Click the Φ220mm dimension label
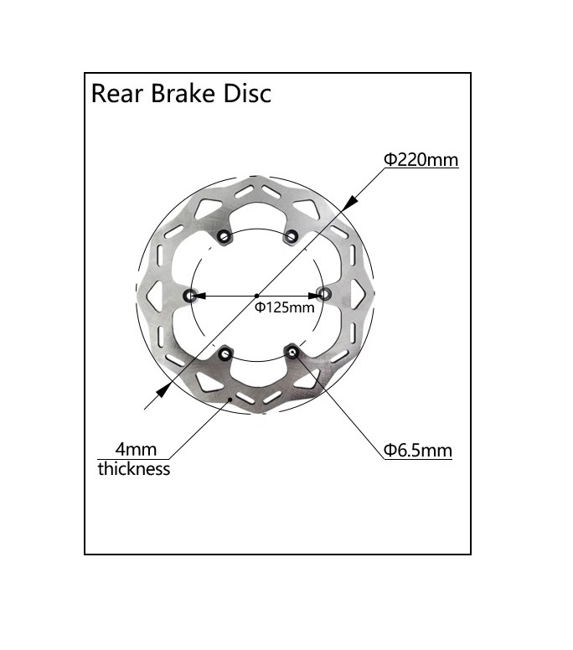pos(421,159)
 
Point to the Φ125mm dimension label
pos(285,307)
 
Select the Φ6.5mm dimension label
pos(418,451)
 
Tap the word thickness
pos(134,469)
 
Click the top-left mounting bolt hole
pos(224,237)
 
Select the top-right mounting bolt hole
pos(291,237)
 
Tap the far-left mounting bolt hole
pos(190,295)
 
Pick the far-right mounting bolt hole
pos(324,294)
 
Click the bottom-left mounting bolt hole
pos(224,353)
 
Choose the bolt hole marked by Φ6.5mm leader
pos(291,353)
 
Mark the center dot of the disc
pos(256,295)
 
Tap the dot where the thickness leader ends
pos(231,400)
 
